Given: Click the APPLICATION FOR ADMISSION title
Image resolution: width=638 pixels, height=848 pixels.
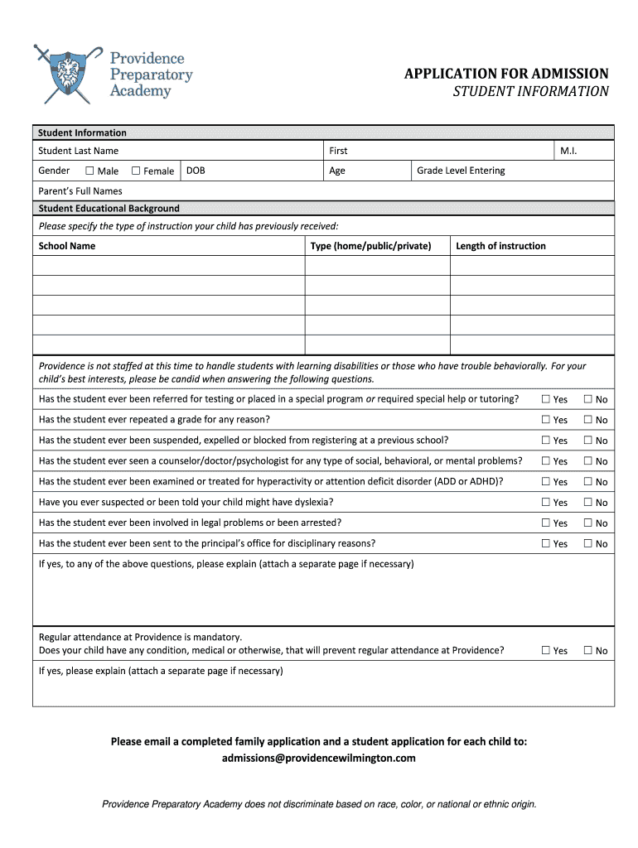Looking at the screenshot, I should (505, 75).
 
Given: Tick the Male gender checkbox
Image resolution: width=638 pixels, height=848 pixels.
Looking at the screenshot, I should (89, 171).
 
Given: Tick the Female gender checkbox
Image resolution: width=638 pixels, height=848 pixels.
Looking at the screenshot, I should (136, 171).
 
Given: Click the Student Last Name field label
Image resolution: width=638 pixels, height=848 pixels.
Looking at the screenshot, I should (79, 151).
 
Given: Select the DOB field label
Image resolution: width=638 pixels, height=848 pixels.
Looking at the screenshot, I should (196, 171).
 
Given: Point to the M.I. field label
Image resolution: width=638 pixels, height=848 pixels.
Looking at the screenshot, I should (568, 151).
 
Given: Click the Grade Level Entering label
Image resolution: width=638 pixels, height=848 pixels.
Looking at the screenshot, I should (461, 171).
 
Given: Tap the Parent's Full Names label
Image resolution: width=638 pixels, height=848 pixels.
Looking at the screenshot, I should (80, 191).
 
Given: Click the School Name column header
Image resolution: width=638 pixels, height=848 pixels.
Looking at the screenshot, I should (67, 246).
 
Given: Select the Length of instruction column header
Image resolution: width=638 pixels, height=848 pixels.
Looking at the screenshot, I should (500, 246).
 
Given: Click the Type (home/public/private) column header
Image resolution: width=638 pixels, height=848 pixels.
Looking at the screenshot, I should (370, 246).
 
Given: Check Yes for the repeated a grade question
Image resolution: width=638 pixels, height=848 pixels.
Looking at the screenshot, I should (546, 420).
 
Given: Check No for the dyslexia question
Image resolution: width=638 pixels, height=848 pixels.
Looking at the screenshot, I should (588, 502).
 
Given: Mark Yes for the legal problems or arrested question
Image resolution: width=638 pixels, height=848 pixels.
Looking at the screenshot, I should (546, 523).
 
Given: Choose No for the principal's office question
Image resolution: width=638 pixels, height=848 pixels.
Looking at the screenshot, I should (588, 543).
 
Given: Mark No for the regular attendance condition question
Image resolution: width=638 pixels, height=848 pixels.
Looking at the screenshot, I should (588, 650).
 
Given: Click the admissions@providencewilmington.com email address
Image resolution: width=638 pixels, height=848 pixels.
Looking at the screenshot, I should (319, 758).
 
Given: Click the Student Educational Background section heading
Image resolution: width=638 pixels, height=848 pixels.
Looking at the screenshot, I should (109, 209).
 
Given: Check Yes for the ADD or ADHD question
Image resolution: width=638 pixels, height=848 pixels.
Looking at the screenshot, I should (546, 481).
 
